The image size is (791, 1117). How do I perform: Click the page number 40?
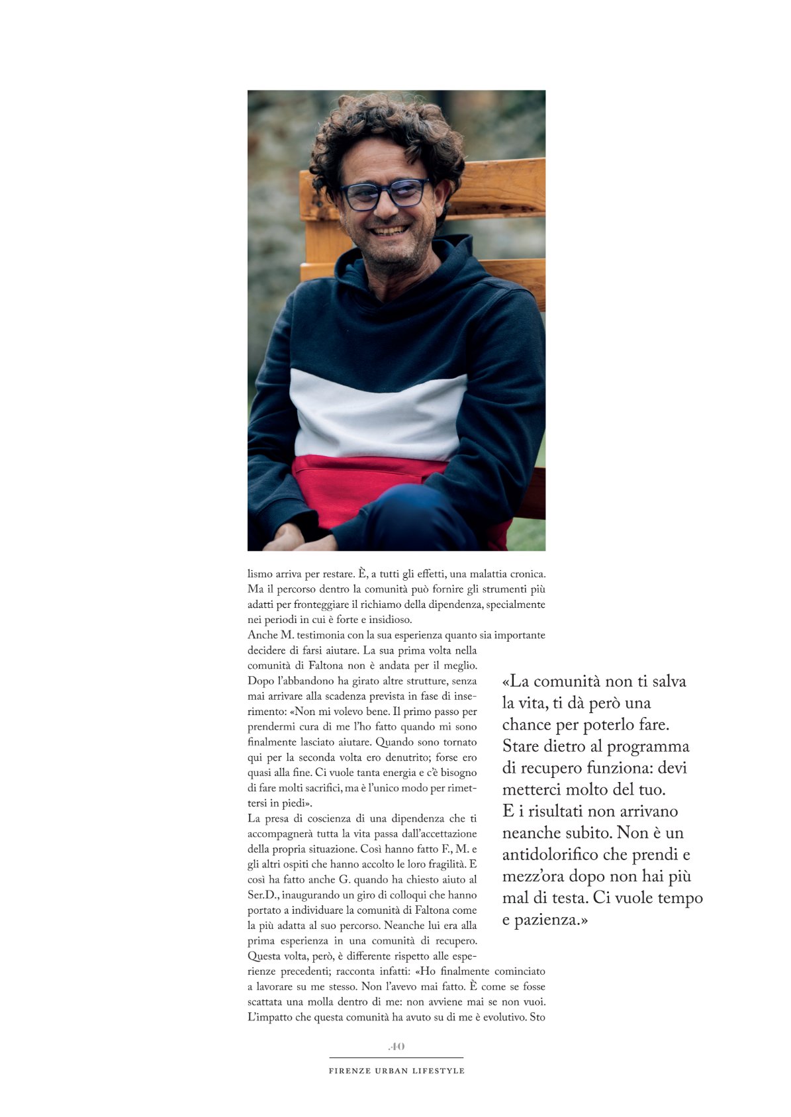coord(396,1046)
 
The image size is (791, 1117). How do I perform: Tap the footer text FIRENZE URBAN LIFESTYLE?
coord(396,1071)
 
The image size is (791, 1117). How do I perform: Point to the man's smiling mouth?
coord(390,231)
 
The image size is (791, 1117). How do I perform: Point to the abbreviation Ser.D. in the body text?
coord(263,895)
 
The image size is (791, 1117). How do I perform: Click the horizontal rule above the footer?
coord(396,1058)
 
